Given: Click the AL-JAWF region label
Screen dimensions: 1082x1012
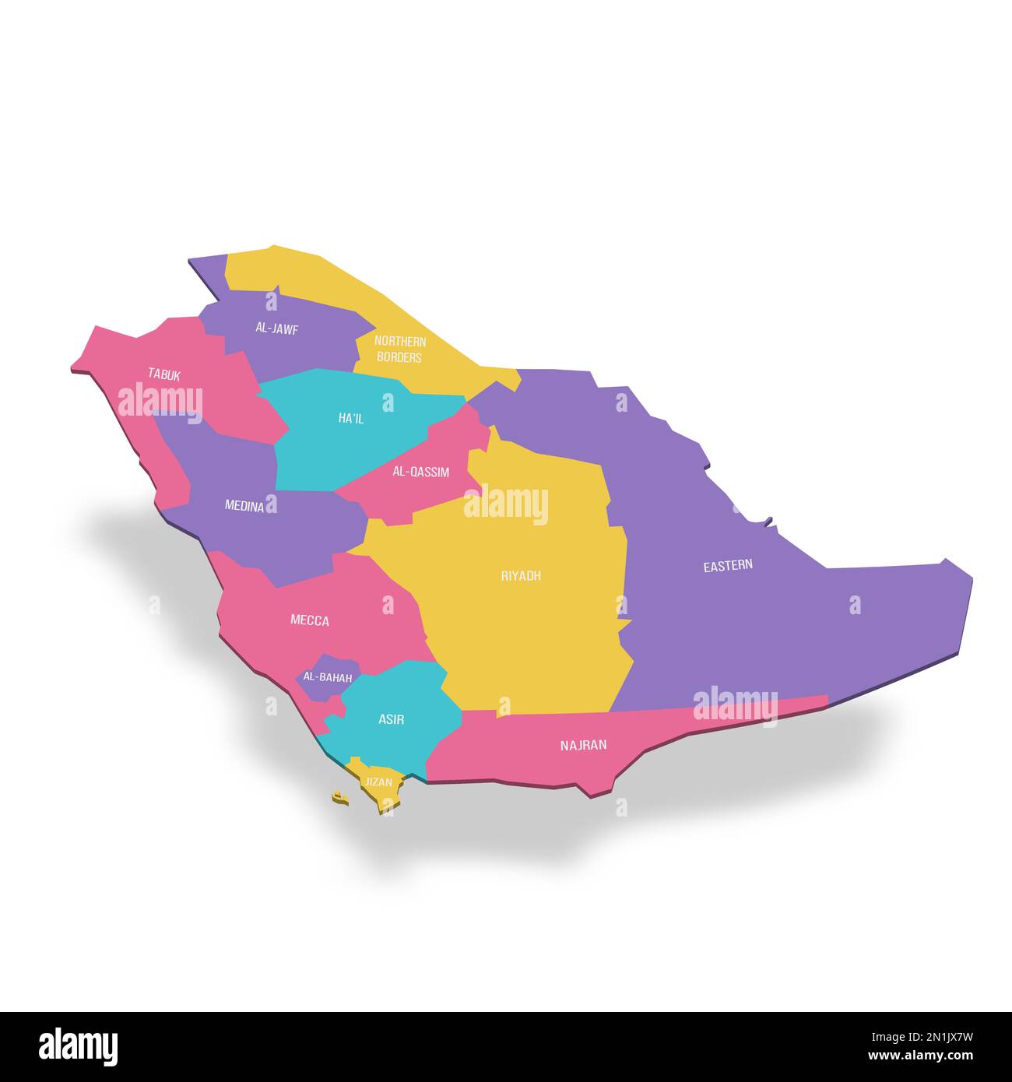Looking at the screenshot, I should click(x=276, y=328).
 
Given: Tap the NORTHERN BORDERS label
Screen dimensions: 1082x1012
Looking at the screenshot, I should click(x=399, y=350).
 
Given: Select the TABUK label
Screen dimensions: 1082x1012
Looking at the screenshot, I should click(x=164, y=374).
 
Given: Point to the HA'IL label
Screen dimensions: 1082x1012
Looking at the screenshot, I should click(x=350, y=419).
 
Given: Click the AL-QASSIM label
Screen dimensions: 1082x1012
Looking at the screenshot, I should click(x=420, y=472).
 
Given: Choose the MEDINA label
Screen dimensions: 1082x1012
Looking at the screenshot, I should click(x=244, y=506).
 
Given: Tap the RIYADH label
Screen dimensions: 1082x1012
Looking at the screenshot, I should click(x=521, y=576).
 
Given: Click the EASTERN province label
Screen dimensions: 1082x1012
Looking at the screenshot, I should click(x=728, y=566).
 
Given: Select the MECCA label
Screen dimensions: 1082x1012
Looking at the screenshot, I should click(x=309, y=620).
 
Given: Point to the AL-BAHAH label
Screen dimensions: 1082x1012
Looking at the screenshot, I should click(x=327, y=678).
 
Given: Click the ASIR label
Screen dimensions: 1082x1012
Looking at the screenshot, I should click(x=391, y=719).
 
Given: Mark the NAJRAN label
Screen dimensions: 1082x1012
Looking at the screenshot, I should click(x=583, y=745).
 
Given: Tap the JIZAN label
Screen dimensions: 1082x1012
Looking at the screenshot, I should click(x=379, y=782).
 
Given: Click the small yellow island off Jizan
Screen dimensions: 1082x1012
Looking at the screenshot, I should click(x=339, y=797).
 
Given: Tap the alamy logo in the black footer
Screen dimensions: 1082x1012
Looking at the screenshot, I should click(x=78, y=1046).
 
